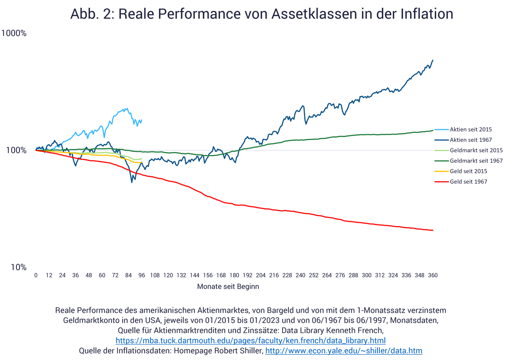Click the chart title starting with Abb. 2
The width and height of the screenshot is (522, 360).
pos(261,14)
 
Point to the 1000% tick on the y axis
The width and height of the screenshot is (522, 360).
pos(14,33)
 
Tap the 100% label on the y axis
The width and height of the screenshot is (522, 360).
pos(16,150)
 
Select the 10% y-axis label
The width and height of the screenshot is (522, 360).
pos(19,267)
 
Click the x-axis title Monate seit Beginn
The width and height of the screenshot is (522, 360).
pos(228,286)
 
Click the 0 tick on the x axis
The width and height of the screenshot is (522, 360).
pos(36,275)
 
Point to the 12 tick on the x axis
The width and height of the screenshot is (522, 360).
pos(49,275)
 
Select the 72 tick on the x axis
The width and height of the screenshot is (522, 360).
pos(115,275)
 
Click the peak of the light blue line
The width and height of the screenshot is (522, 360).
pos(127,108)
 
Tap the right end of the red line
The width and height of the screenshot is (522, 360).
pos(433,230)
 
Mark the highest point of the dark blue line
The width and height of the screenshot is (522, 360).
pos(433,60)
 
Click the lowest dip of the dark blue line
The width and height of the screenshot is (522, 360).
pos(132,182)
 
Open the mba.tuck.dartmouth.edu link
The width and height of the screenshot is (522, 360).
pos(250,341)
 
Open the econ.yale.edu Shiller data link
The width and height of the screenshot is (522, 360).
pos(344,351)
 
